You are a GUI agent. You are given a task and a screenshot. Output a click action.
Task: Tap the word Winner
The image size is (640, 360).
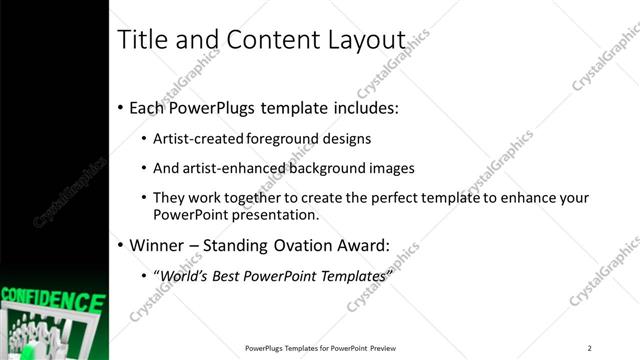160,244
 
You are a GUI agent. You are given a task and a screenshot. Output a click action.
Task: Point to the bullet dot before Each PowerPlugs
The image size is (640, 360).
120,107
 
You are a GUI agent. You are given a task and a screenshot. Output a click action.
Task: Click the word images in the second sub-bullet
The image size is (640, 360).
392,168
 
